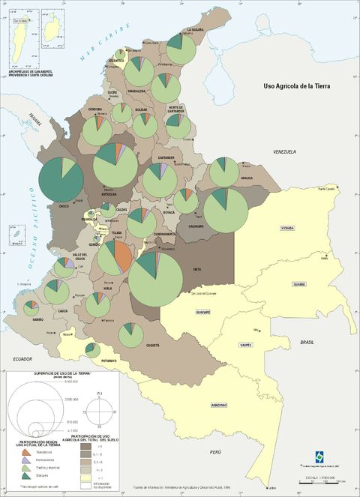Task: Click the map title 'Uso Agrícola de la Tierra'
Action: point(296,87)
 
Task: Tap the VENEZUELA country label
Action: point(285,152)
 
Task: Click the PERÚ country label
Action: point(216,452)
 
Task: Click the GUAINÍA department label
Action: point(299,284)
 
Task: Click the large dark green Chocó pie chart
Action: point(61,180)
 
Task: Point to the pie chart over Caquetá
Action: point(132,335)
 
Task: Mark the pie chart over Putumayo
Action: point(92,350)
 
